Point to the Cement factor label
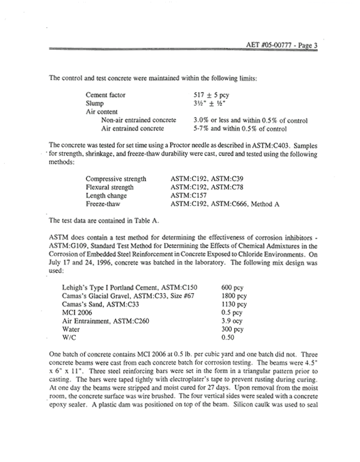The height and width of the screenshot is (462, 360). click(106, 94)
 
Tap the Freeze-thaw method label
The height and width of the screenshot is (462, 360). click(104, 204)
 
